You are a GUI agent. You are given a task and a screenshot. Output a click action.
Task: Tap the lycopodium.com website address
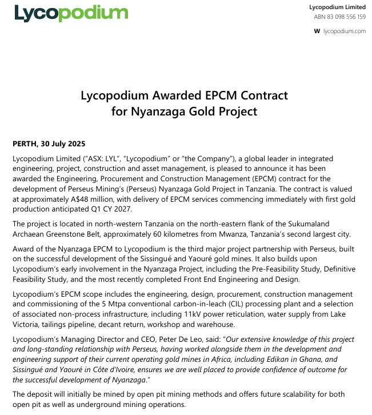(345, 31)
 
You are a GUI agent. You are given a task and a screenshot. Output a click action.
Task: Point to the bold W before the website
(317, 31)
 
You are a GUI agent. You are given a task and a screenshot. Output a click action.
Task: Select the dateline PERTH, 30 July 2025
(48, 143)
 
